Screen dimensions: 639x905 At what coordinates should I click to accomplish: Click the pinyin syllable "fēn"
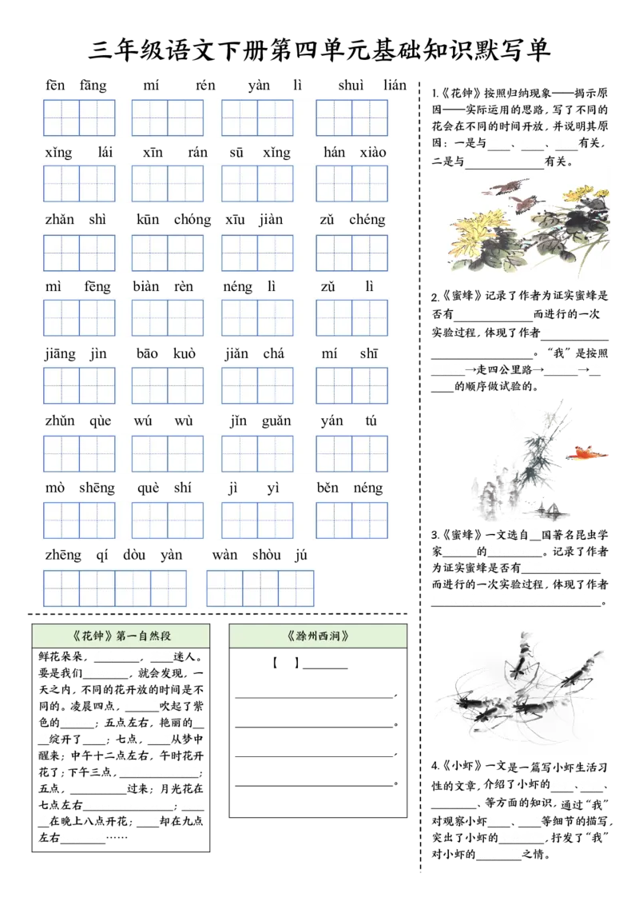click(x=55, y=86)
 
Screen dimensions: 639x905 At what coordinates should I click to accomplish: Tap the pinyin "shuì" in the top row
click(x=351, y=86)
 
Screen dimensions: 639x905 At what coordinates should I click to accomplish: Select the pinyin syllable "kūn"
click(x=148, y=219)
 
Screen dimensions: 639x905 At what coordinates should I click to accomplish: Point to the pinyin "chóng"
click(x=192, y=220)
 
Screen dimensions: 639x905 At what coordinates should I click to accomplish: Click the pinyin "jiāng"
click(x=60, y=354)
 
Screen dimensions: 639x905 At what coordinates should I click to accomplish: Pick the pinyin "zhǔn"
click(x=60, y=421)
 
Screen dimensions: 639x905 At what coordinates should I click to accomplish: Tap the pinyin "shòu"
click(x=267, y=555)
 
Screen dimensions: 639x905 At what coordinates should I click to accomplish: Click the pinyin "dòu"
click(x=134, y=555)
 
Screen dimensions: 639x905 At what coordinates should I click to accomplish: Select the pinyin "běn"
click(x=327, y=488)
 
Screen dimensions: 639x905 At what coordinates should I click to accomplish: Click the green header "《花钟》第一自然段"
click(x=121, y=636)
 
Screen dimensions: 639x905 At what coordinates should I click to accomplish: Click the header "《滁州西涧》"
click(x=318, y=636)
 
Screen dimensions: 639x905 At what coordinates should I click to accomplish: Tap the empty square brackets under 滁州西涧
click(x=286, y=664)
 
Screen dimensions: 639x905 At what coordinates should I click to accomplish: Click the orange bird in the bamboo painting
click(x=586, y=453)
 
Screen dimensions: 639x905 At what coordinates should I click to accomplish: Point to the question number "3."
click(x=435, y=535)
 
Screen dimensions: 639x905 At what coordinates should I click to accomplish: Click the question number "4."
click(x=435, y=766)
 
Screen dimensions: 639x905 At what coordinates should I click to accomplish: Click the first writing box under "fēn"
click(x=62, y=118)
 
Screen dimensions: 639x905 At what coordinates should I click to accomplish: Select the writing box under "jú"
click(x=296, y=588)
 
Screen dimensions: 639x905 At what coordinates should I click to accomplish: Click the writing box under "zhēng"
click(x=62, y=588)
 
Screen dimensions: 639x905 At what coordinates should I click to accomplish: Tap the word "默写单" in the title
click(x=512, y=50)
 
